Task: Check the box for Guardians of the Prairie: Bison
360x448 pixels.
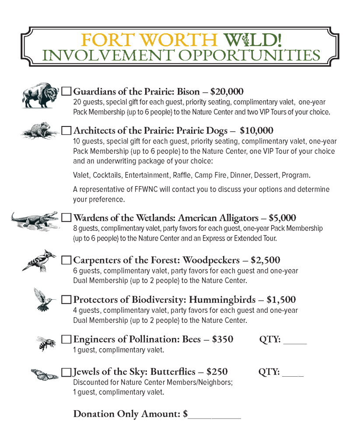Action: point(66,91)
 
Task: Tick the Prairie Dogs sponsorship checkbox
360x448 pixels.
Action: point(66,130)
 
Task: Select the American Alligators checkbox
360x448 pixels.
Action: point(66,217)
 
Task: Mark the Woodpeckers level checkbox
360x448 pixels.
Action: point(66,260)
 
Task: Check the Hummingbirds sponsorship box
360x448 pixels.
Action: point(66,300)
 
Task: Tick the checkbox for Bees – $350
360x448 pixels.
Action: point(66,339)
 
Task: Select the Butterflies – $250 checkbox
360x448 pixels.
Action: point(66,372)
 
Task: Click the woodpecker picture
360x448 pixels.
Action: point(40,261)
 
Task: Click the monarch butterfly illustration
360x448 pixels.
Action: point(45,374)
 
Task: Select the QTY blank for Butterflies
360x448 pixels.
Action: point(293,374)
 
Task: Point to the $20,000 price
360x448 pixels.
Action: point(227,91)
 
